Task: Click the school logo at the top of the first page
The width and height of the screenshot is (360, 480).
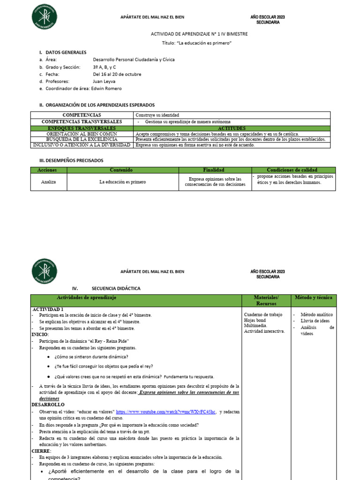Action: (x=45, y=17)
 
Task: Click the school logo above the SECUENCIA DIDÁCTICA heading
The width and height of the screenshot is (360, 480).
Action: (x=45, y=271)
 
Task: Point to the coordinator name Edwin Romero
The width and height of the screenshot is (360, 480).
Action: (x=107, y=88)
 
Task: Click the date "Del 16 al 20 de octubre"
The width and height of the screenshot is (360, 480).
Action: (x=117, y=74)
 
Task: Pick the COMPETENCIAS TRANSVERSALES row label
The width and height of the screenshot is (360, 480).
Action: (x=82, y=121)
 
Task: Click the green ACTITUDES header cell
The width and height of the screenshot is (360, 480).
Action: (x=232, y=127)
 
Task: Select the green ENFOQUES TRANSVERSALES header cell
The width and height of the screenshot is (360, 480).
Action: (x=82, y=127)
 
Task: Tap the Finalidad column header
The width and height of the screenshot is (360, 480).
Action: (x=213, y=170)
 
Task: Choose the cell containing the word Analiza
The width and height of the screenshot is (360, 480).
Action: (x=48, y=181)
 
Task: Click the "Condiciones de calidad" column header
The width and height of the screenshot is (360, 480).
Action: (x=292, y=170)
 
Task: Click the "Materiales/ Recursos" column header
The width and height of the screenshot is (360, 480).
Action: (x=265, y=300)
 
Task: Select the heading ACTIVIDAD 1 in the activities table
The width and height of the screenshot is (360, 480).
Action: (x=48, y=309)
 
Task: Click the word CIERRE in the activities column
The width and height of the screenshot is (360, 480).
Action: (x=41, y=450)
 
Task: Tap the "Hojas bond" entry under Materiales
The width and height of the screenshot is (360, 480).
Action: (x=255, y=320)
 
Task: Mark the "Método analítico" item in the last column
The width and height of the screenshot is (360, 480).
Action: (x=316, y=315)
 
